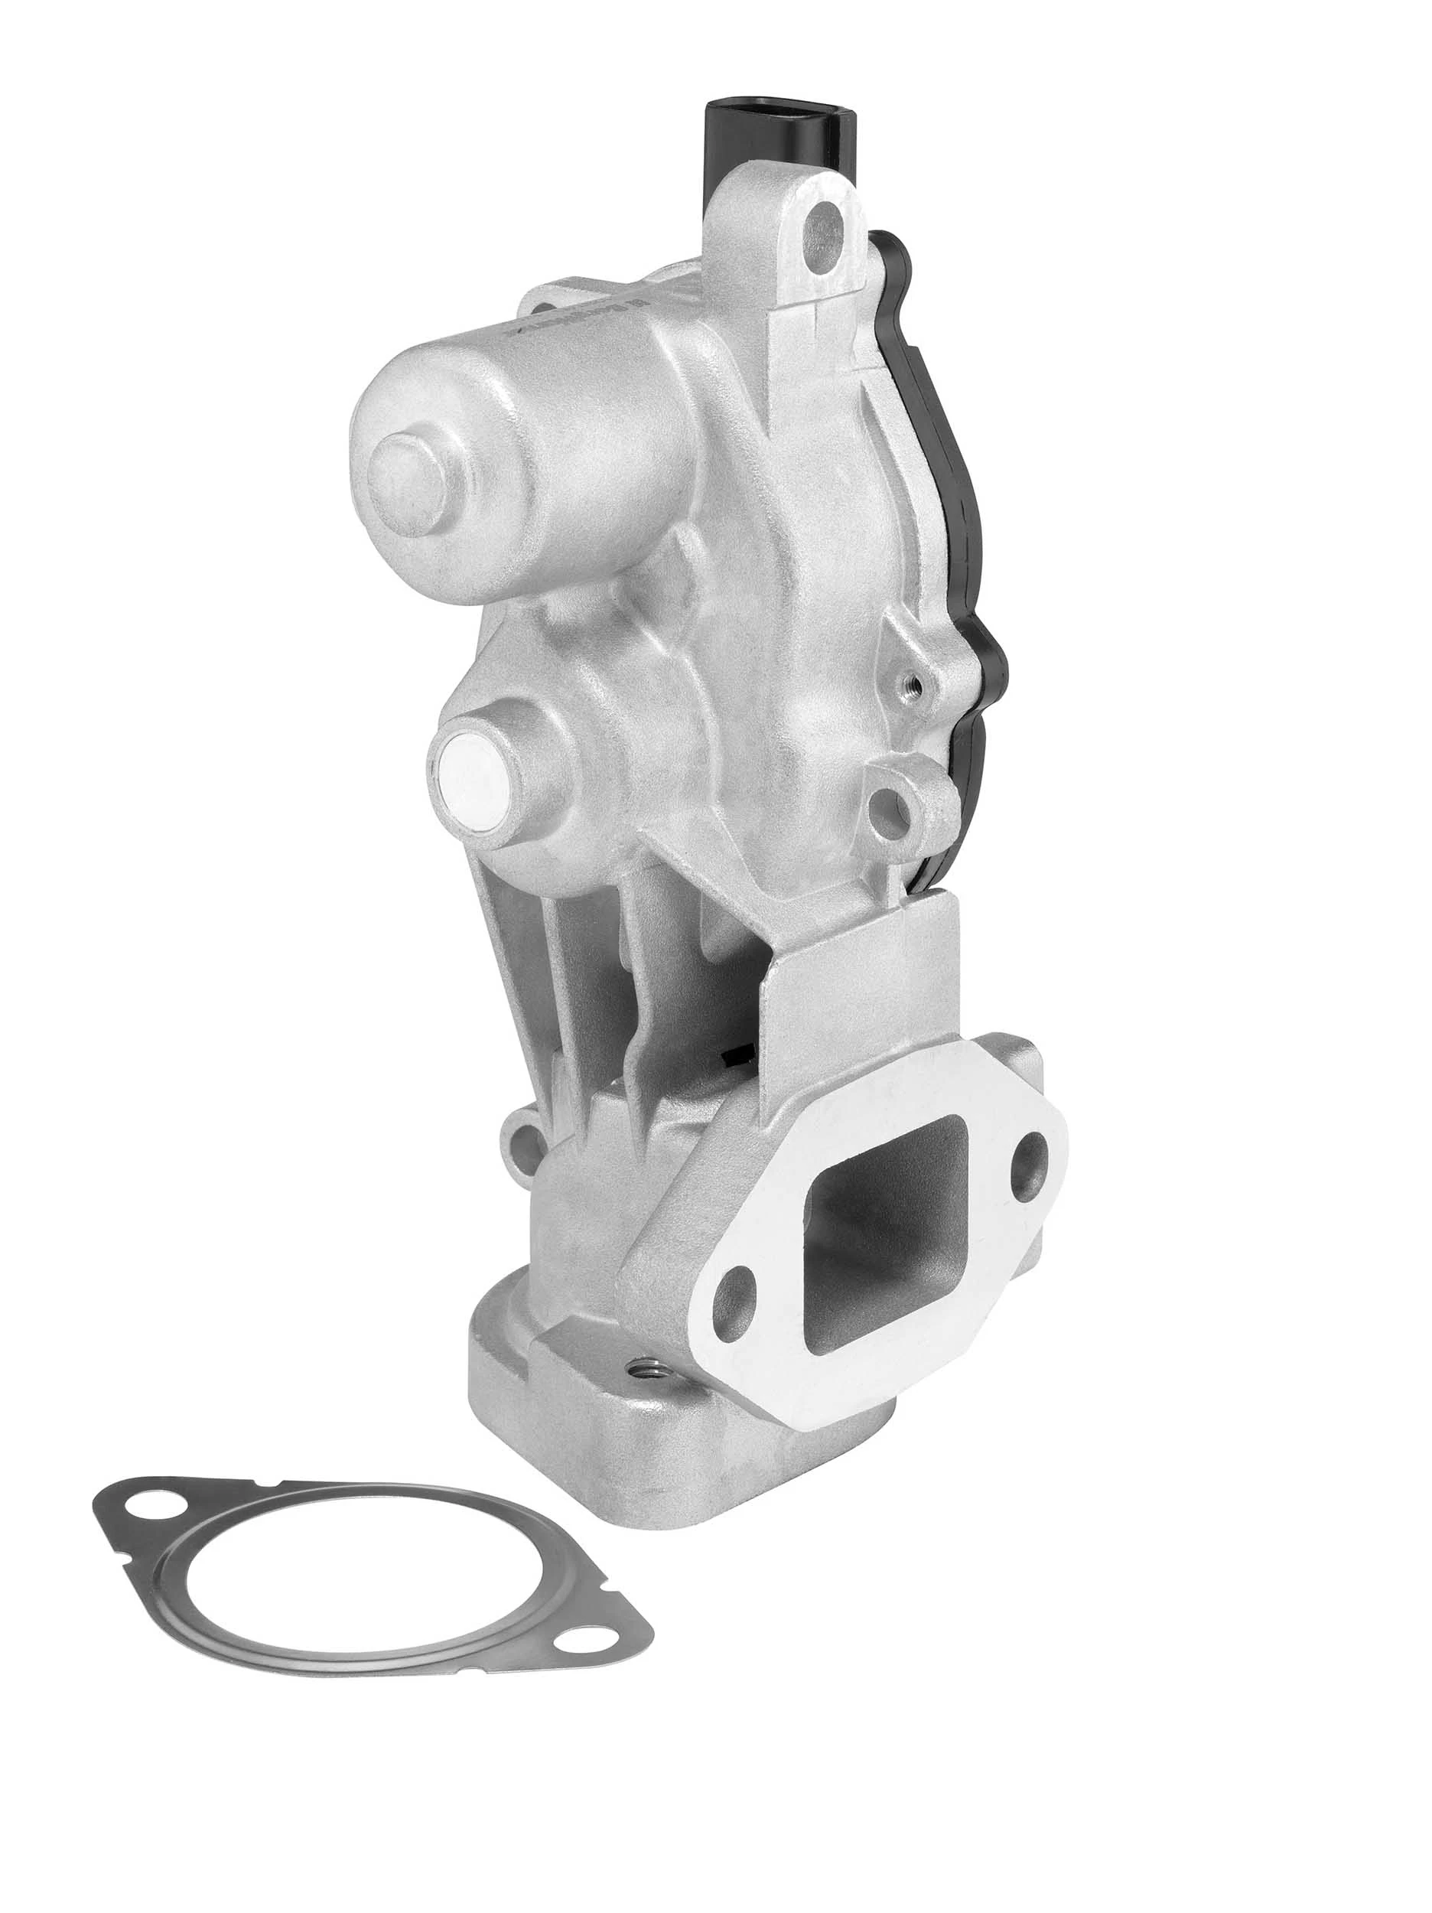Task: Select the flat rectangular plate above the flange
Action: click(864, 995)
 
